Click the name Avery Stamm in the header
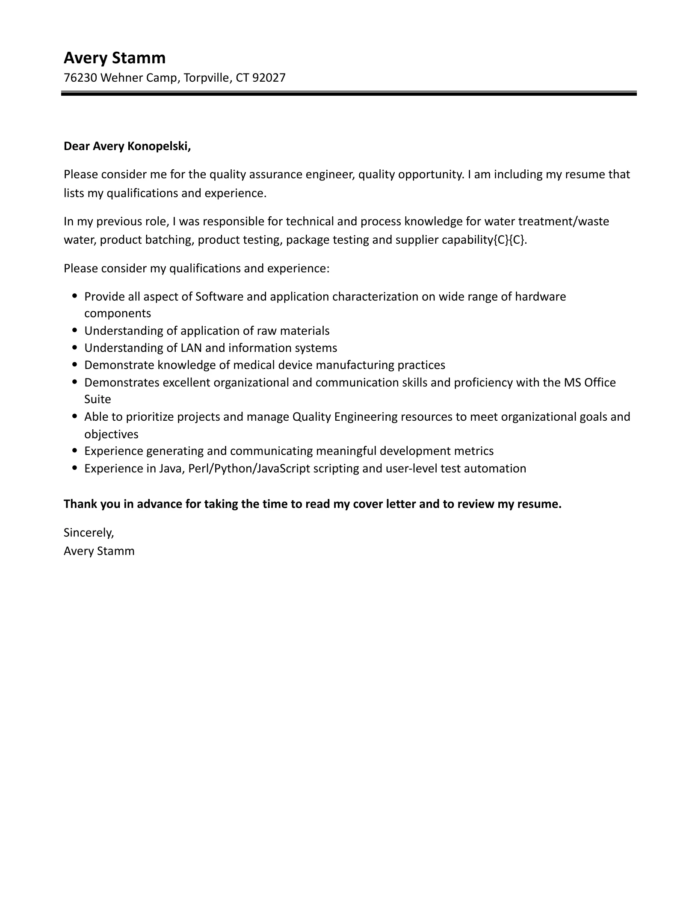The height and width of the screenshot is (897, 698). coord(114,58)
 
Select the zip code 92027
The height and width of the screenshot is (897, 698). coord(269,78)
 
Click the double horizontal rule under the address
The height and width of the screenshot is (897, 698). coord(349,93)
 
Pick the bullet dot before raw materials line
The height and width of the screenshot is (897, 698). coord(75,330)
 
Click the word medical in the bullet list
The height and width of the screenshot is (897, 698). coord(254,365)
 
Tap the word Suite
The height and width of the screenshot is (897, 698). coord(98,399)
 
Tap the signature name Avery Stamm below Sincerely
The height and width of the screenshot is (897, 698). coord(99,551)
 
